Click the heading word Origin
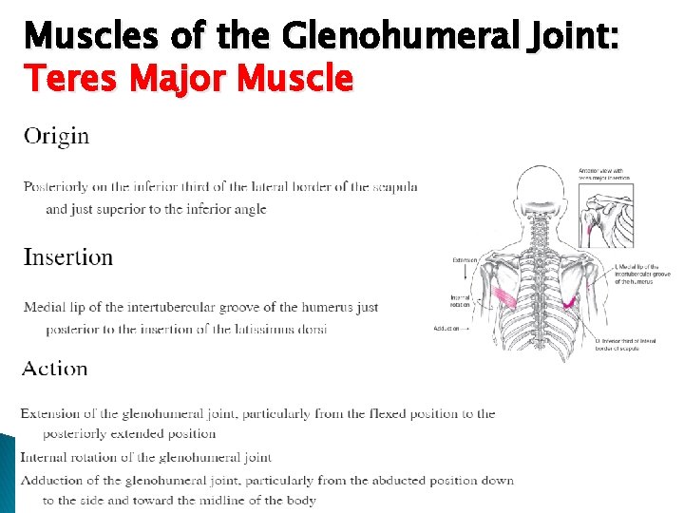click(56, 136)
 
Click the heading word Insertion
click(67, 257)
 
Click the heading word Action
click(55, 369)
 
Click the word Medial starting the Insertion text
click(44, 308)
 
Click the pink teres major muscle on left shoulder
click(504, 299)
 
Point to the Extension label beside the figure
click(465, 259)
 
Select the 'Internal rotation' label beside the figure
click(461, 300)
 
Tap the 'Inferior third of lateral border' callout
click(617, 344)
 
